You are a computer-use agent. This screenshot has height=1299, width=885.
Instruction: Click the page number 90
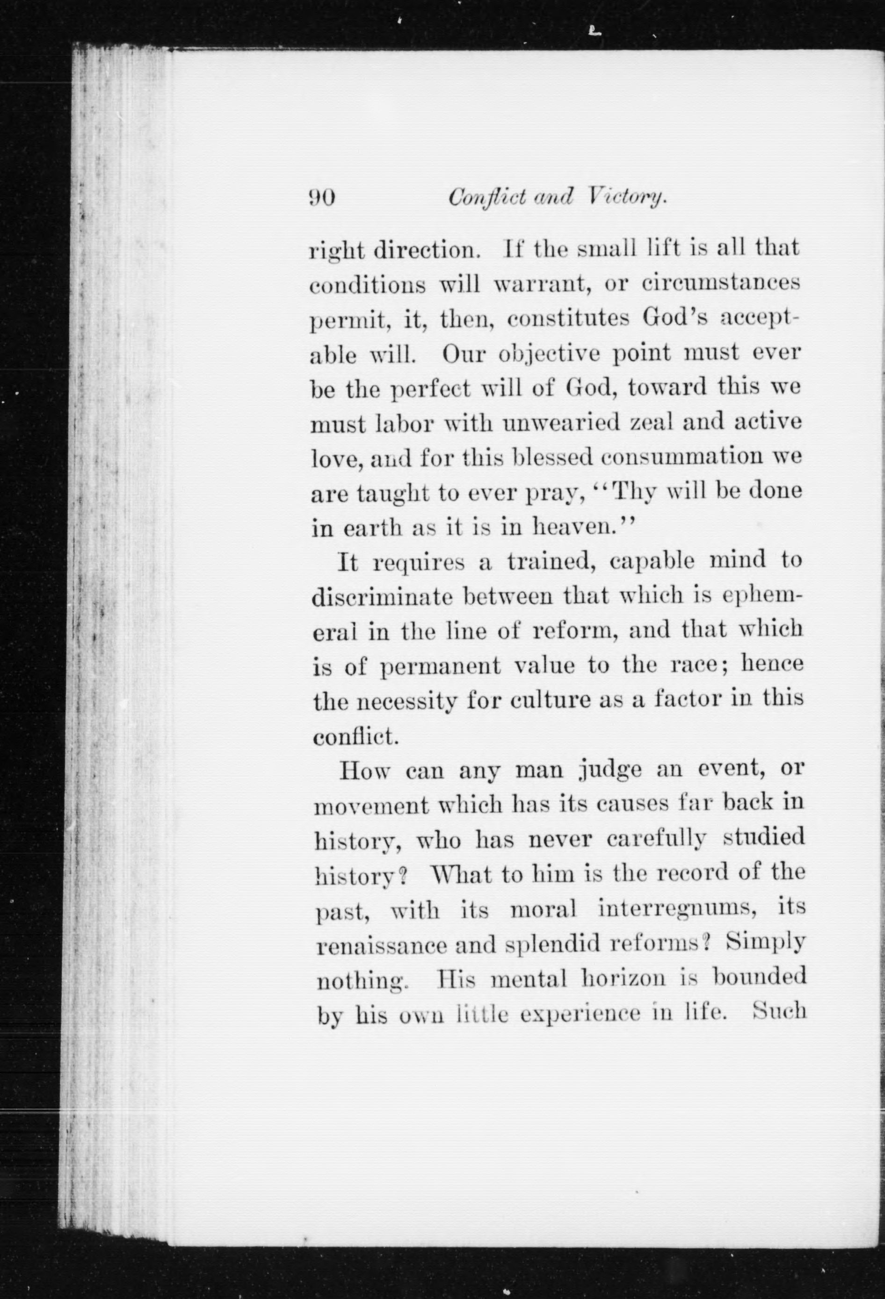322,198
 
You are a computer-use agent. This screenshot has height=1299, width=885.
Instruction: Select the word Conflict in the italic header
486,198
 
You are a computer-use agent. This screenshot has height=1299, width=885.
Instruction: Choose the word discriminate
382,597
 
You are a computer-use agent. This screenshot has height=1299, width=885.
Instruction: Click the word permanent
441,666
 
